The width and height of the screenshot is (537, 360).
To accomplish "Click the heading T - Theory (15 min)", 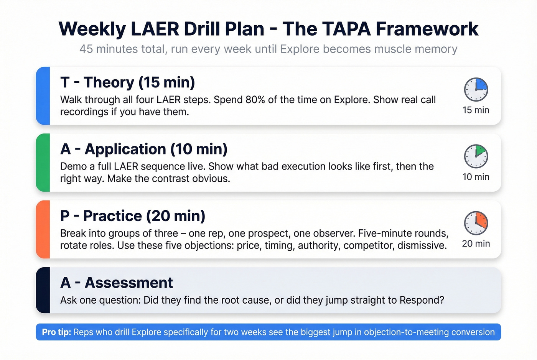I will [x=127, y=82].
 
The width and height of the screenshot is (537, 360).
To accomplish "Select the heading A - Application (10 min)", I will [x=144, y=149].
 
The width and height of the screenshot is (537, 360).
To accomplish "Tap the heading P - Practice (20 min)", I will [x=133, y=216].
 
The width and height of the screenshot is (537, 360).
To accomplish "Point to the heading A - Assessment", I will [x=117, y=283].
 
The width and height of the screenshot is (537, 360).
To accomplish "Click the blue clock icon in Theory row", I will [x=476, y=89].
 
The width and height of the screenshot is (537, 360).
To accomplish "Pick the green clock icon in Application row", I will [x=476, y=156].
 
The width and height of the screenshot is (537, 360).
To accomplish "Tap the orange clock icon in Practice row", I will [x=476, y=223].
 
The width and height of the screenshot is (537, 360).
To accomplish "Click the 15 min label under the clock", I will [x=476, y=110].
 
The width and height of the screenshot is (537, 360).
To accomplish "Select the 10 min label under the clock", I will [x=476, y=177].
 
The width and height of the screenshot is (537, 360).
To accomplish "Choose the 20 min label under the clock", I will [x=476, y=243].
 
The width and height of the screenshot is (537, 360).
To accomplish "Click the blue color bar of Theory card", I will [x=43, y=96].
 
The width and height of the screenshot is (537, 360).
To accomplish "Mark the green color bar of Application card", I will [x=43, y=163].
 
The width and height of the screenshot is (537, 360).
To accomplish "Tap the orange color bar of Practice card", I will [x=43, y=229].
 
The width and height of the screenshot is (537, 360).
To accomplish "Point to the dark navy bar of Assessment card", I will [x=43, y=290].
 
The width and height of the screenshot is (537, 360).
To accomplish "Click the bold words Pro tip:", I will [x=56, y=332].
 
